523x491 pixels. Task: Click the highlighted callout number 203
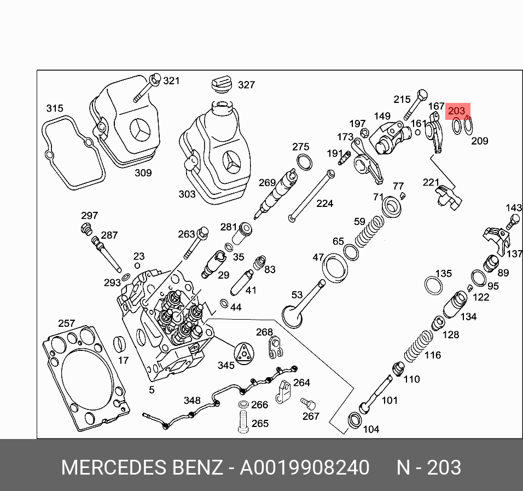click(456, 111)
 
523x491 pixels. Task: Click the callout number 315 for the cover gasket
click(54, 108)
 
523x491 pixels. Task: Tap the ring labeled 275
click(304, 162)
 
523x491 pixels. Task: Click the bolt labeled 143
click(513, 222)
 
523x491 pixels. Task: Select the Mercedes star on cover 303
click(230, 163)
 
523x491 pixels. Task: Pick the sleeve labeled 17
click(120, 345)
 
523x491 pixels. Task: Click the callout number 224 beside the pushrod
click(324, 204)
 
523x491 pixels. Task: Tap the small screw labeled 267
click(308, 405)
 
